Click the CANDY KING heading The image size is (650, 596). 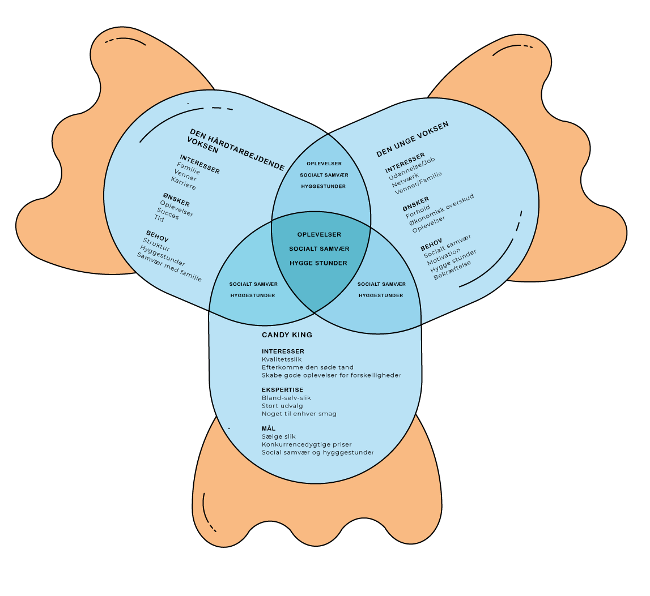point(287,335)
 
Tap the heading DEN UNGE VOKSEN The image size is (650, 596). point(413,139)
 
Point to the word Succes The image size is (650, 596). point(168,214)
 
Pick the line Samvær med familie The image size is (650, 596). point(169,267)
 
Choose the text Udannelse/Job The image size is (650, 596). point(412,168)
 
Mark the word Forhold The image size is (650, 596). point(418,211)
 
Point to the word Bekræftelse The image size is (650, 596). point(452,269)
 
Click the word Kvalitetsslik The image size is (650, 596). point(282,359)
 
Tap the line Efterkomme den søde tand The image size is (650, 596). point(308,367)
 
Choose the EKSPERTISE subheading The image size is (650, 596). point(282,390)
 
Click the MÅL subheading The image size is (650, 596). point(268,428)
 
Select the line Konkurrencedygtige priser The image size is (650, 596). point(307,444)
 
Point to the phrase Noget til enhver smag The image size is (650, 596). point(299,414)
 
